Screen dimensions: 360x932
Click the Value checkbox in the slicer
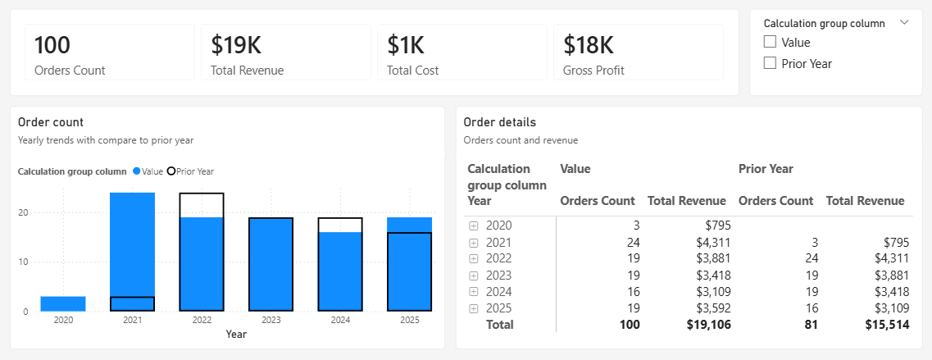coord(769,43)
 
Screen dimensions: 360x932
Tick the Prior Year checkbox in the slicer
coord(769,63)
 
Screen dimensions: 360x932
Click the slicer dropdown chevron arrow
coord(904,23)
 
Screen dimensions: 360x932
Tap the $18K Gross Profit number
coord(589,44)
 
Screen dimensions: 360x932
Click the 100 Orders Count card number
coord(52,44)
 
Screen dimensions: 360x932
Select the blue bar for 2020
coord(63,303)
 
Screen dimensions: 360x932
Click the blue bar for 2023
coord(271,264)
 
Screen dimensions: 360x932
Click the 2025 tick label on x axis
coord(409,320)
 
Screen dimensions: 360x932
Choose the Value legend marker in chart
coord(136,171)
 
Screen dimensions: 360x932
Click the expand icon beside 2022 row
coord(473,258)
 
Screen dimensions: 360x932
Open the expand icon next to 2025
coord(473,308)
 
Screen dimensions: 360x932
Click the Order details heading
coord(499,122)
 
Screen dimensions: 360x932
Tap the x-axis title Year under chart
coord(236,334)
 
